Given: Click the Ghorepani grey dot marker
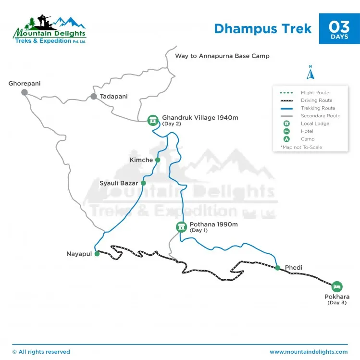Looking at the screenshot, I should [x=25, y=92].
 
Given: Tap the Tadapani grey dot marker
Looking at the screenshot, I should [x=94, y=97].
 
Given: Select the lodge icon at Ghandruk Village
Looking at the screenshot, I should [x=153, y=120].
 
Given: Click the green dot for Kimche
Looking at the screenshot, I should [x=157, y=160].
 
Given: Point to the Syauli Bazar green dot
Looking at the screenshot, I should [x=143, y=183].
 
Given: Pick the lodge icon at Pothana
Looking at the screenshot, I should [x=181, y=227].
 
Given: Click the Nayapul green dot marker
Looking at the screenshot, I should [x=97, y=254].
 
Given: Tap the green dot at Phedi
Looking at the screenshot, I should [x=277, y=268].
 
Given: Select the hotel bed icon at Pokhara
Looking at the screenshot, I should [x=337, y=286].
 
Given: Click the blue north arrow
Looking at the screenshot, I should [x=310, y=74].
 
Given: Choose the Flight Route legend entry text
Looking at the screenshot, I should [x=315, y=93].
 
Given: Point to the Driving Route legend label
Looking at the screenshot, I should [x=317, y=100].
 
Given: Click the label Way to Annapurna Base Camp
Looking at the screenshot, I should [x=222, y=56].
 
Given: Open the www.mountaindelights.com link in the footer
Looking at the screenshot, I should [x=309, y=352].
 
